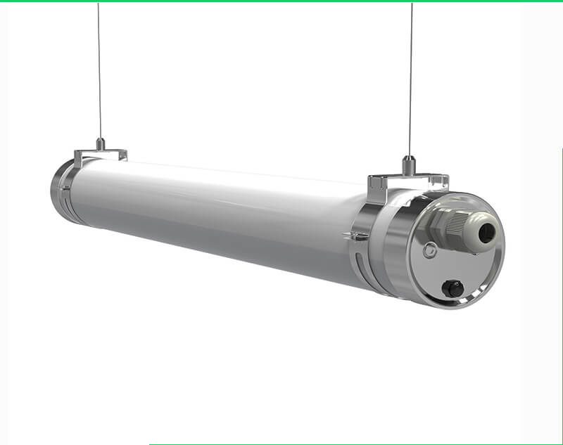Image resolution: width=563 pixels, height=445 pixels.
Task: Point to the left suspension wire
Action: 99,70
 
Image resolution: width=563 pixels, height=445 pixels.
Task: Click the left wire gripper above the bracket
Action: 101,144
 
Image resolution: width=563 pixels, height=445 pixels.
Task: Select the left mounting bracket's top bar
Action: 100,153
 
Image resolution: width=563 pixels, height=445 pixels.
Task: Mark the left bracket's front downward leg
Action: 80,162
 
